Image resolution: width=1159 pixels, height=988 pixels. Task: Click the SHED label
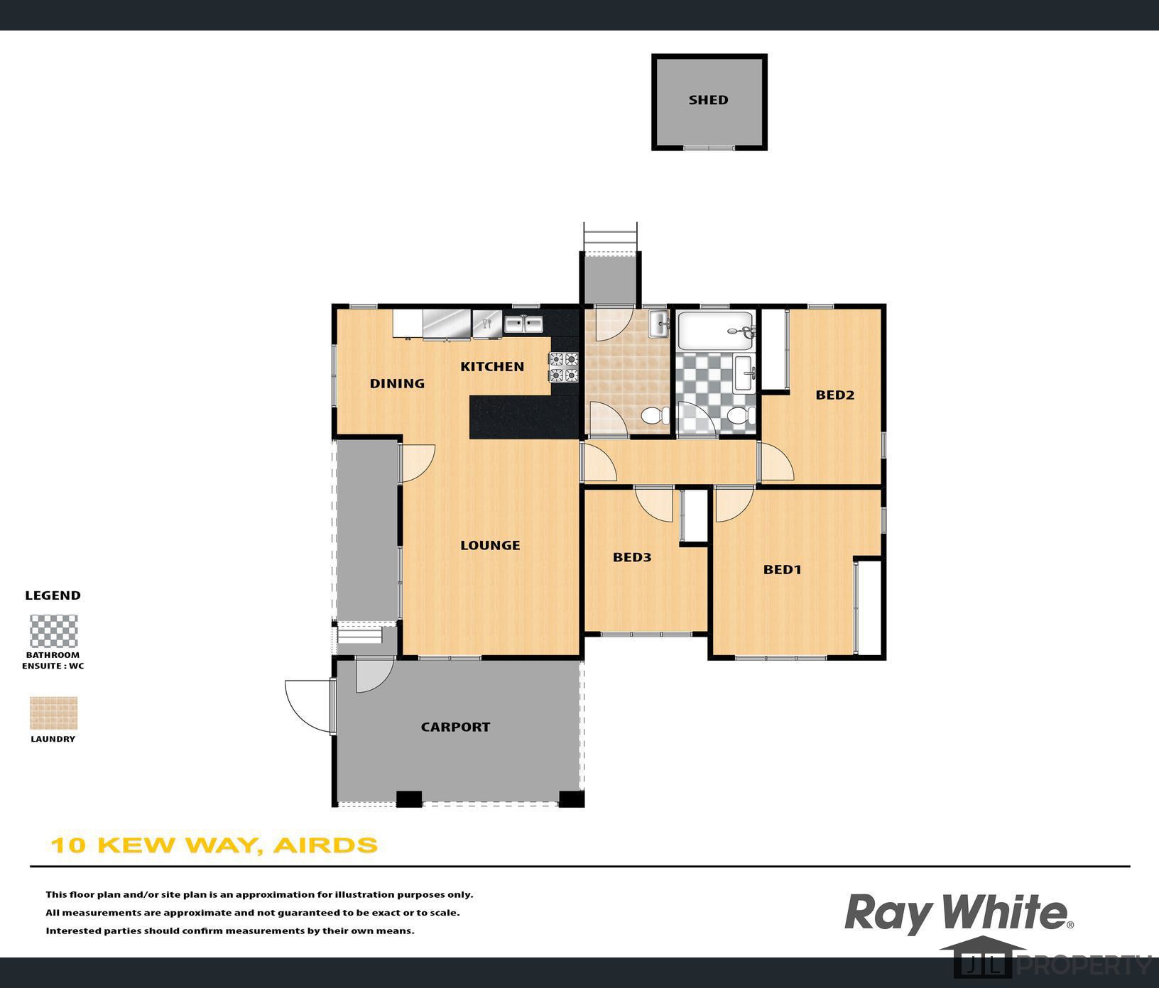coord(708,100)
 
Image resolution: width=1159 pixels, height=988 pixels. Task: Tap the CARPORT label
coord(455,727)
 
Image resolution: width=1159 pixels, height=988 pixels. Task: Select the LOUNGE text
coord(490,545)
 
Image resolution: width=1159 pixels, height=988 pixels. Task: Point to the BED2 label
coord(834,395)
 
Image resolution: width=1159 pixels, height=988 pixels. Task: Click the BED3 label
coord(632,557)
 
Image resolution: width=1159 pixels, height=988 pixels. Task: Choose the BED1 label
coord(782,569)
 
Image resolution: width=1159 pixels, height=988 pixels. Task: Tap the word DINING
coord(397,383)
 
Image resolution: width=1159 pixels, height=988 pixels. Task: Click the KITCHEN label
coord(492,366)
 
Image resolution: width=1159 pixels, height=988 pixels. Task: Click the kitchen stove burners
coord(564,367)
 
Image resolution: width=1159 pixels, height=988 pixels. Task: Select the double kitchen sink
coord(523,324)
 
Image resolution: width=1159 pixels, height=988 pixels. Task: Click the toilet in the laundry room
coord(652,416)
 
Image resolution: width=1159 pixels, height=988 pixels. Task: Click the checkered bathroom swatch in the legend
coord(53,631)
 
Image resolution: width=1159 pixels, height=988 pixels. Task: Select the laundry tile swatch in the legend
coord(53,713)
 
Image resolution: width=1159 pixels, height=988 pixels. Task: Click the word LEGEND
coord(53,595)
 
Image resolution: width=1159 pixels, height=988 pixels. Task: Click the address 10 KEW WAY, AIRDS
coord(214,845)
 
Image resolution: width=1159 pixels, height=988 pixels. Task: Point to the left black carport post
coord(408,798)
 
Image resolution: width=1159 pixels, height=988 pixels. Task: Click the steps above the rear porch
coord(610,237)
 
